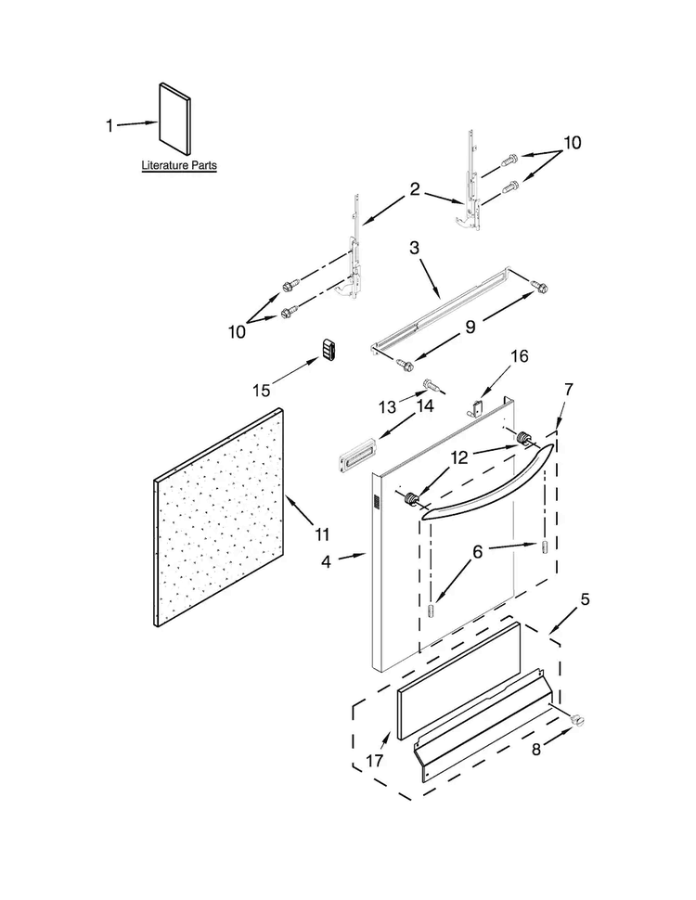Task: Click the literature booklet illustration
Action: pyautogui.click(x=174, y=119)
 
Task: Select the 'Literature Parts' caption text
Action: pyautogui.click(x=179, y=166)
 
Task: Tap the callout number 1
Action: pyautogui.click(x=110, y=124)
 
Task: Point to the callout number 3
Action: pyautogui.click(x=415, y=249)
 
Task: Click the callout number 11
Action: pyautogui.click(x=322, y=534)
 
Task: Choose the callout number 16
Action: pyautogui.click(x=519, y=355)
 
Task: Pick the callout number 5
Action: pyautogui.click(x=584, y=600)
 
